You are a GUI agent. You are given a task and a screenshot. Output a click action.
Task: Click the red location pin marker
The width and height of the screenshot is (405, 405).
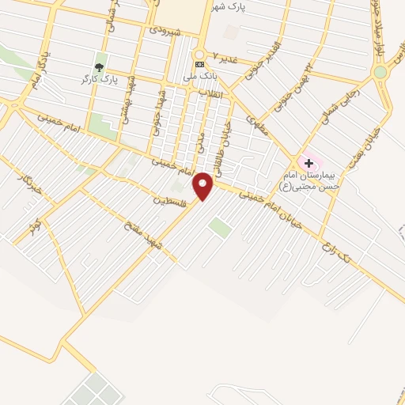pyautogui.click(x=203, y=185)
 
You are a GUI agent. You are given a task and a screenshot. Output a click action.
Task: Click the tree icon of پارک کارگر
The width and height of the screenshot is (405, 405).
pyautogui.click(x=99, y=67)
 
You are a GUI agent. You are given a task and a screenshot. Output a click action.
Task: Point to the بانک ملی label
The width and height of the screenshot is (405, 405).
pyautogui.click(x=199, y=76)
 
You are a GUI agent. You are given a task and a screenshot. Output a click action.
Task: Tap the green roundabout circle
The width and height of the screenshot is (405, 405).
pyautogui.click(x=380, y=72)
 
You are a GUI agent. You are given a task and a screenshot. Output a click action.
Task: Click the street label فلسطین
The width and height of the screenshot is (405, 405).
pyautogui.click(x=169, y=201)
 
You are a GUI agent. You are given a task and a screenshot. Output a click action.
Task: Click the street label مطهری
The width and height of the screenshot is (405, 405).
pyautogui.click(x=256, y=123)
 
